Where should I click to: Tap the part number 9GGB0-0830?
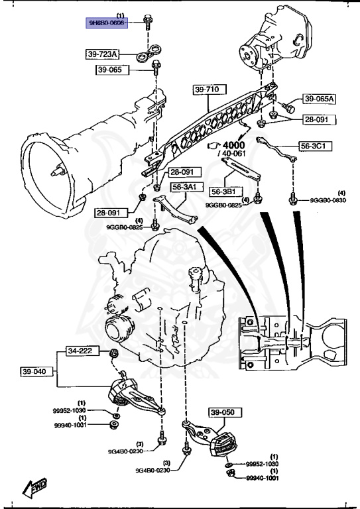click(328, 200)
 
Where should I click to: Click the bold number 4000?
click(233, 144)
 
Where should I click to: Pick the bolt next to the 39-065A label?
click(288, 106)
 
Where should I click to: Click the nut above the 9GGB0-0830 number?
click(292, 196)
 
